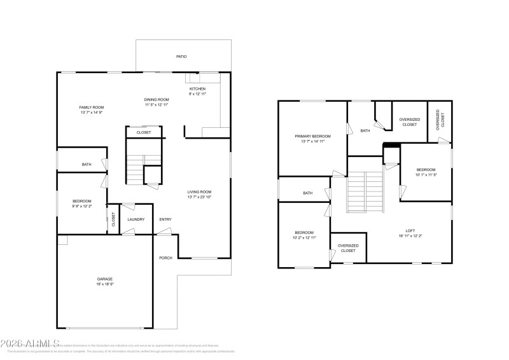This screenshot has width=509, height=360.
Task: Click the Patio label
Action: [x=181, y=57]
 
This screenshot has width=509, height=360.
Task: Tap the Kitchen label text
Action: [x=197, y=89]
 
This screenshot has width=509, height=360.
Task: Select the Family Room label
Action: [x=91, y=107]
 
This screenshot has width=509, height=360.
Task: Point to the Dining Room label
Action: [x=156, y=100]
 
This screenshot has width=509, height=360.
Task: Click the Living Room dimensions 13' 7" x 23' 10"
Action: [x=199, y=197]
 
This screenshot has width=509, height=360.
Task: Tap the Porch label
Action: [x=165, y=258]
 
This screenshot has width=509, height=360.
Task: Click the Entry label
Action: [x=165, y=219]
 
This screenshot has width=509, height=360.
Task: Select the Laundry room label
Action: [x=136, y=219]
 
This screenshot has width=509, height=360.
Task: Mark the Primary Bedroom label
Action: [x=312, y=136]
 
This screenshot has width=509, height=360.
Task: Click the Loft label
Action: [x=410, y=231]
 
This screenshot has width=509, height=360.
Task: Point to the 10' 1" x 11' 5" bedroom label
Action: [x=426, y=170]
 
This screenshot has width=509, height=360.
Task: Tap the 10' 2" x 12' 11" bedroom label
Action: [x=304, y=233]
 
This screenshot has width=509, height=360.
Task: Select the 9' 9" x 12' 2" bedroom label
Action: [x=81, y=202]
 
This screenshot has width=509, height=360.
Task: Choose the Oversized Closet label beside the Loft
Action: [x=348, y=248]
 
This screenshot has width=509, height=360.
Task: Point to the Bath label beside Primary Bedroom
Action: [x=365, y=131]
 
